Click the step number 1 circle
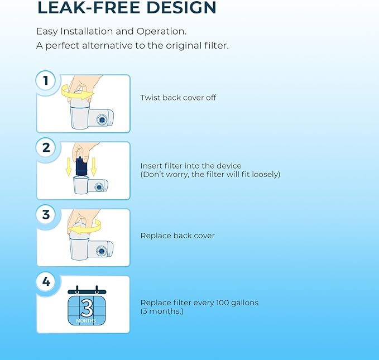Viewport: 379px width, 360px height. (46, 81)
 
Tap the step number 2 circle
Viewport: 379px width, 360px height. (46, 148)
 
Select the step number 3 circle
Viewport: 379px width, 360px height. (46, 215)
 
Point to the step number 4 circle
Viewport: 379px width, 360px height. (46, 282)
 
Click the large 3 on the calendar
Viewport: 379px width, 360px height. (87, 308)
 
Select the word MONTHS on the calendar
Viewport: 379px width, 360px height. (87, 321)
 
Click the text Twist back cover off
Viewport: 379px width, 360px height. (178, 98)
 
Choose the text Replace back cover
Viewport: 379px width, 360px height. (177, 236)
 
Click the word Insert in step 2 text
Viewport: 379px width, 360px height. (151, 166)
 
